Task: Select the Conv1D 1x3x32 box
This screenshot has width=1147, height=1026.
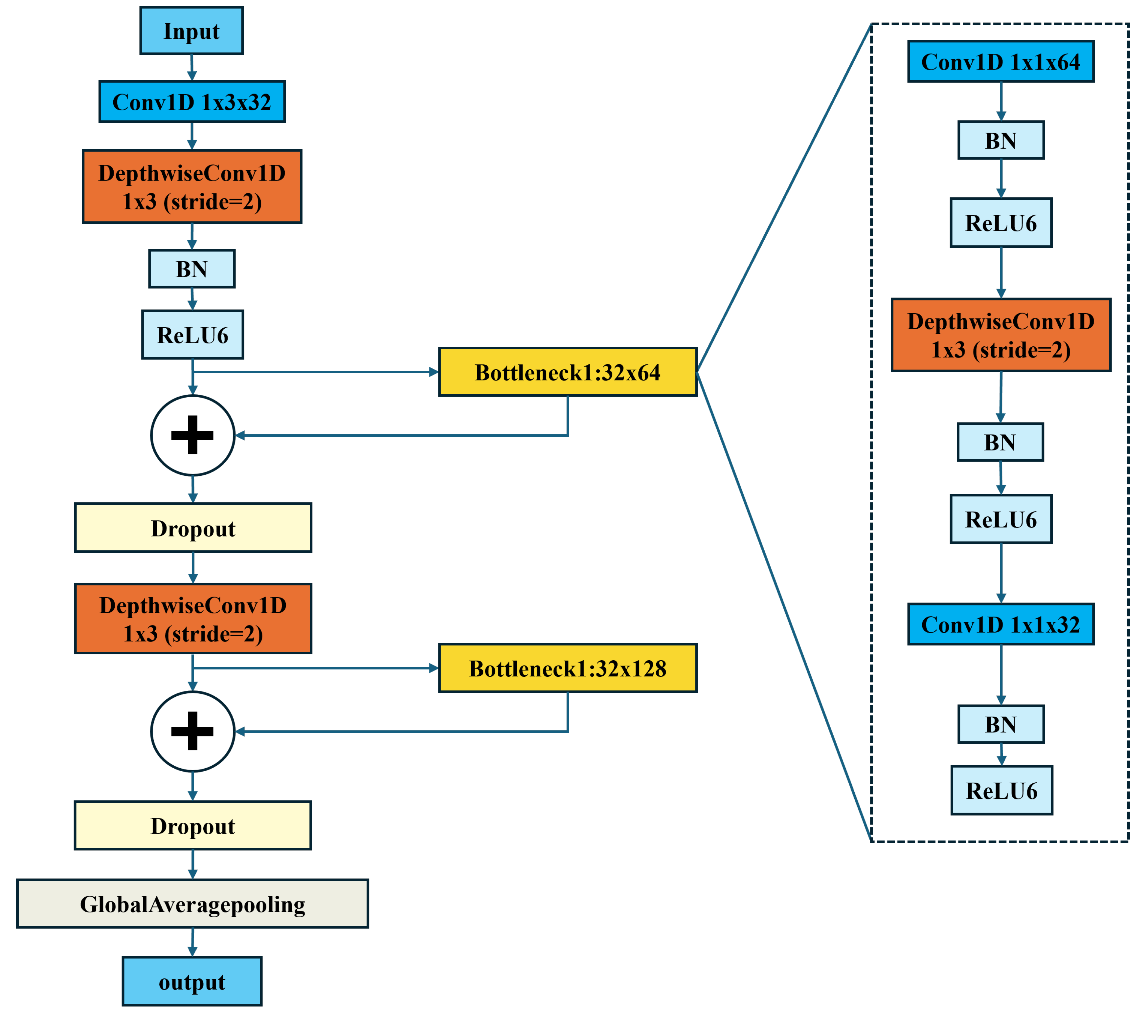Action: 192,101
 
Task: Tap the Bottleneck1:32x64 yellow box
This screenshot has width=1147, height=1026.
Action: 567,372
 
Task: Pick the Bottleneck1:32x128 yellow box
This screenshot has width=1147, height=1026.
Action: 567,668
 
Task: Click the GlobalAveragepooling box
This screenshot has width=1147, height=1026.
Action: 192,904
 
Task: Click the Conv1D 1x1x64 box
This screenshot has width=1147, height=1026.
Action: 1001,61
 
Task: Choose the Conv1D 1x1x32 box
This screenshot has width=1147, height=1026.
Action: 1001,624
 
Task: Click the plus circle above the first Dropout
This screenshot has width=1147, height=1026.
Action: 192,435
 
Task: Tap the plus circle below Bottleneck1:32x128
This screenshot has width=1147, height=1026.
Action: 192,731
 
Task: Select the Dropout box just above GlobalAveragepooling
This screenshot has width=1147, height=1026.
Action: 192,825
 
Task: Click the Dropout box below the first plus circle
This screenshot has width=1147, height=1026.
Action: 193,528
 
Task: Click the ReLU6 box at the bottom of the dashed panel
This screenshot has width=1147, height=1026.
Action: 1001,790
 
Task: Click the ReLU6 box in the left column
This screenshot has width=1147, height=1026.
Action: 192,335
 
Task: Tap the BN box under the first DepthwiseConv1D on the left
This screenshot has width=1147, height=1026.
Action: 192,269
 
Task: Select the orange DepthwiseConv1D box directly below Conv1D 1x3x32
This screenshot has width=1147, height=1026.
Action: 192,186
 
